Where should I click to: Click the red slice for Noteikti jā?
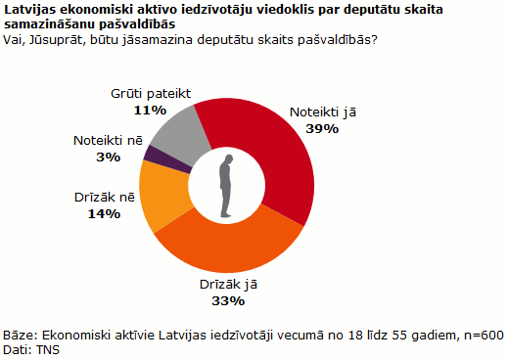(279, 166)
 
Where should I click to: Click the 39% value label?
(322, 128)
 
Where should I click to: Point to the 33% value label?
(229, 299)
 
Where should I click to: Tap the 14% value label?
(104, 212)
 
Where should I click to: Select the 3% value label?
(109, 157)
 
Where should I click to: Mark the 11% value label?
(149, 111)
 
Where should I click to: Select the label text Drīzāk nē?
(105, 197)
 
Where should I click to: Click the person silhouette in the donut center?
(227, 186)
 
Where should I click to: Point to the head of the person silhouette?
(227, 159)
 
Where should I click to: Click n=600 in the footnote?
(483, 336)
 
